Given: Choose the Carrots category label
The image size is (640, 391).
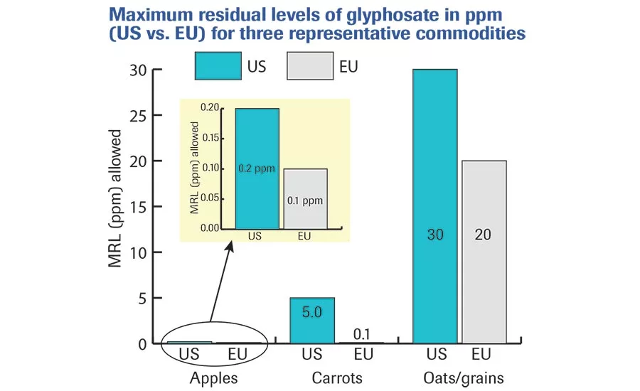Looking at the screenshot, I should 336,378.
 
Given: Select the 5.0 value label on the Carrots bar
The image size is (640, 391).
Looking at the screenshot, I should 312,311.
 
